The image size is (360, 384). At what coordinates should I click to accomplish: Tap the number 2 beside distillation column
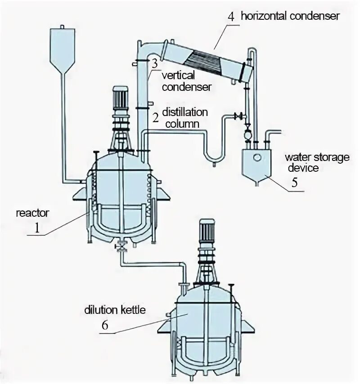coord(155,118)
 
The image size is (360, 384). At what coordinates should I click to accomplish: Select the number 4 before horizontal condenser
coord(231,17)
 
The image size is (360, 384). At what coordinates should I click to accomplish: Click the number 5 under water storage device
coord(294,183)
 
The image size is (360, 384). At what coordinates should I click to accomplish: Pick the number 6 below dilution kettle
coord(105,325)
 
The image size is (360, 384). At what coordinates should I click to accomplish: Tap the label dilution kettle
coord(115,310)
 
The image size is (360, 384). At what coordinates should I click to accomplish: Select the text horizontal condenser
coord(290,17)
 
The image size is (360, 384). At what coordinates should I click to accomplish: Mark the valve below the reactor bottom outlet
coord(121,246)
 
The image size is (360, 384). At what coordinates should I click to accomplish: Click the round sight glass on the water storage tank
coord(257,157)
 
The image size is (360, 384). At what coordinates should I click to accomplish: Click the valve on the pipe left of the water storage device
coord(239,116)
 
